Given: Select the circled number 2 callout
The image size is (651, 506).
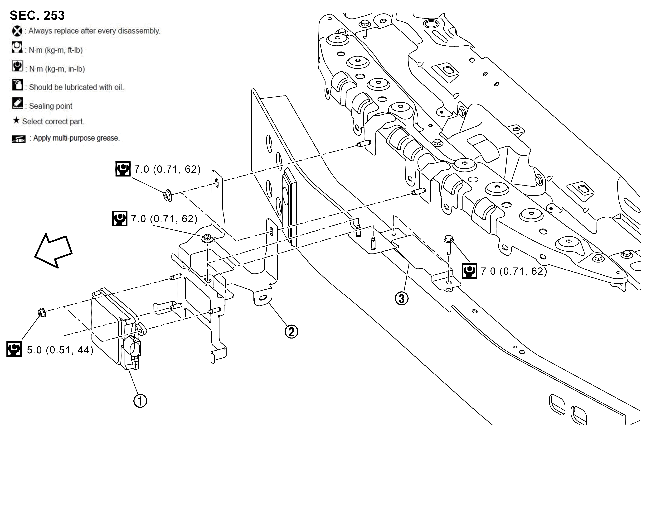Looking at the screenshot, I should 291,331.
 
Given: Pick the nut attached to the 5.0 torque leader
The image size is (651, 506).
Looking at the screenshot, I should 41,313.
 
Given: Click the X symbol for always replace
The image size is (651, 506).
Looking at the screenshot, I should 17,31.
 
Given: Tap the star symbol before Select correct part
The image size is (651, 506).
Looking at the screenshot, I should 16,121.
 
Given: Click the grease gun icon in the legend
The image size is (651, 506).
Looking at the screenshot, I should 19,139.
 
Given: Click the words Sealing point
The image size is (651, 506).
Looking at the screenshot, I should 51,106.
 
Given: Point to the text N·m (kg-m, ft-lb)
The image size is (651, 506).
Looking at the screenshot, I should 55,50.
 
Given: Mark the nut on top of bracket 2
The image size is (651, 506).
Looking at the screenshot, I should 207,238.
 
